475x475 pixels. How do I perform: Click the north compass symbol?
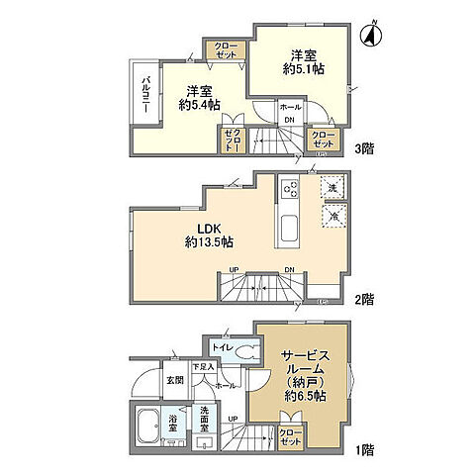371,35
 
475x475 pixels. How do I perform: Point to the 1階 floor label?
366,449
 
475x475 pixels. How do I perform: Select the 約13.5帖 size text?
208,241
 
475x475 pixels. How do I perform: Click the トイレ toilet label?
222,349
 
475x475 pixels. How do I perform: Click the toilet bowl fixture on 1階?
247,349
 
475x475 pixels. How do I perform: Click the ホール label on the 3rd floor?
290,107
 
